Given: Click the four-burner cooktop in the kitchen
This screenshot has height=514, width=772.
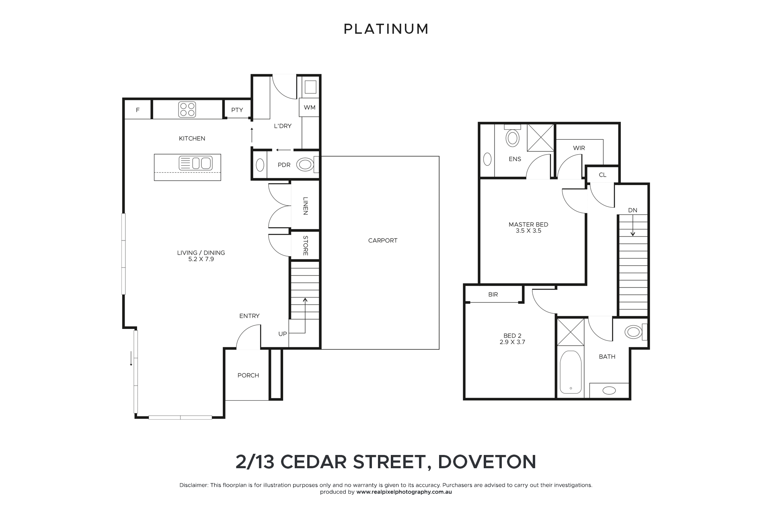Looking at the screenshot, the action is [187, 109].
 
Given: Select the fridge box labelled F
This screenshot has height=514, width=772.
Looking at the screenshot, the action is [138, 110].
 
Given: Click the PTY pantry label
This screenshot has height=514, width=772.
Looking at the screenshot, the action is [237, 110].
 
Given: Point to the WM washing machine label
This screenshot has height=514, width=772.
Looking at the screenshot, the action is [310, 107].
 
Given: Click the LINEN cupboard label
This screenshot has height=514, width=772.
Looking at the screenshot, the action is [305, 206].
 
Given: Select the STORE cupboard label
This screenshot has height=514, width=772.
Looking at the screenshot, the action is [305, 245].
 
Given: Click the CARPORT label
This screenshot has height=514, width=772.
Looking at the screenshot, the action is [383, 241].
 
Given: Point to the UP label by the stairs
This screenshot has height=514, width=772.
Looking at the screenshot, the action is [283, 334].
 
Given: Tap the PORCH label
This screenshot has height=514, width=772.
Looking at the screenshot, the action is [248, 375].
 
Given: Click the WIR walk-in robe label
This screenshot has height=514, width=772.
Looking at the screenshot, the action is [579, 148].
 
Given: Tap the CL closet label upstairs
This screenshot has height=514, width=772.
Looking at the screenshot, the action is [602, 175].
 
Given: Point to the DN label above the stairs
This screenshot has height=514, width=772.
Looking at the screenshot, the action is [632, 210].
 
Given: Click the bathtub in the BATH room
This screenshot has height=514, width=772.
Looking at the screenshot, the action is [571, 372].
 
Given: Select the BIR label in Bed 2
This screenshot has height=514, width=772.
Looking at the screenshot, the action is [493, 294].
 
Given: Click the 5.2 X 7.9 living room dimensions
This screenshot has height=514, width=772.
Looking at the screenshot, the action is [201, 259].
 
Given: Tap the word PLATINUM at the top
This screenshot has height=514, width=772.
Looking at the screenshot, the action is [386, 29].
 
